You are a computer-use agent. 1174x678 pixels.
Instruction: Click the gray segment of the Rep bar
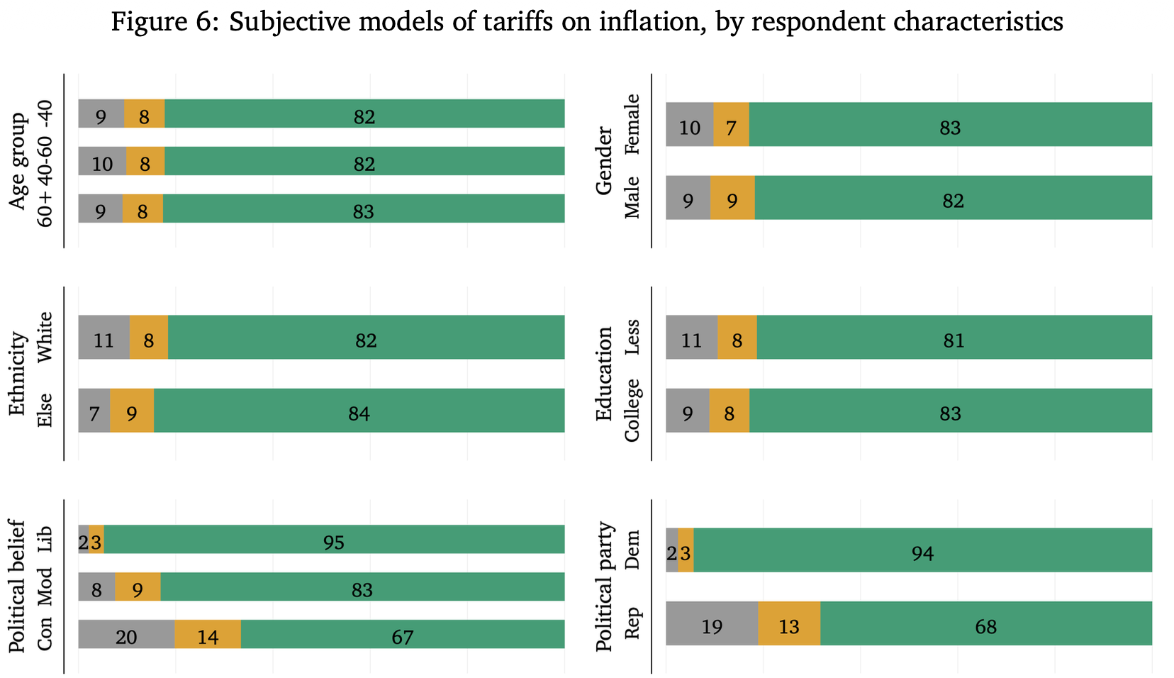click(x=712, y=623)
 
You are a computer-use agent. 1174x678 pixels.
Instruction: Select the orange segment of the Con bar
click(x=208, y=634)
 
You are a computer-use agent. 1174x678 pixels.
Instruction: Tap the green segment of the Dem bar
click(x=922, y=550)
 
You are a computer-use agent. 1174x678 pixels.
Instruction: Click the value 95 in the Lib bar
click(x=334, y=543)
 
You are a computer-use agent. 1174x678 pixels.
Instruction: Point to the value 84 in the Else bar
click(x=359, y=414)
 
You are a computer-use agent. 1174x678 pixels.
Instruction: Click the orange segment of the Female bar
click(x=731, y=124)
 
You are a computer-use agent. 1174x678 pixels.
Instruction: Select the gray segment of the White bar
click(x=104, y=337)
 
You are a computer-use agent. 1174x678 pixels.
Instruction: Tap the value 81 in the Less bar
click(x=954, y=341)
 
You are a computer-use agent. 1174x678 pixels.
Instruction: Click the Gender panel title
click(x=604, y=161)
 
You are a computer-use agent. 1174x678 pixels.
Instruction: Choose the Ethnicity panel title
click(x=17, y=373)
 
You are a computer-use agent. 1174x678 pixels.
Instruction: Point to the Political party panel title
click(x=604, y=587)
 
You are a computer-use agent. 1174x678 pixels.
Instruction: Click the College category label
click(x=632, y=411)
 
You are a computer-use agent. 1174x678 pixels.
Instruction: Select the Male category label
click(x=632, y=198)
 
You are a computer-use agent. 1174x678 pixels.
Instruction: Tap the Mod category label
click(x=45, y=587)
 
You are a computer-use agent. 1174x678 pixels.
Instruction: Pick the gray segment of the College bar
click(x=688, y=411)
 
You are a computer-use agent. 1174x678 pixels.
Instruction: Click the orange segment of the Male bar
click(x=733, y=198)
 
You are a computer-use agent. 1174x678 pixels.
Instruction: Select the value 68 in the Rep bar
click(x=986, y=627)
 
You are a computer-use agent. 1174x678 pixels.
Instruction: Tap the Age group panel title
click(x=17, y=161)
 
